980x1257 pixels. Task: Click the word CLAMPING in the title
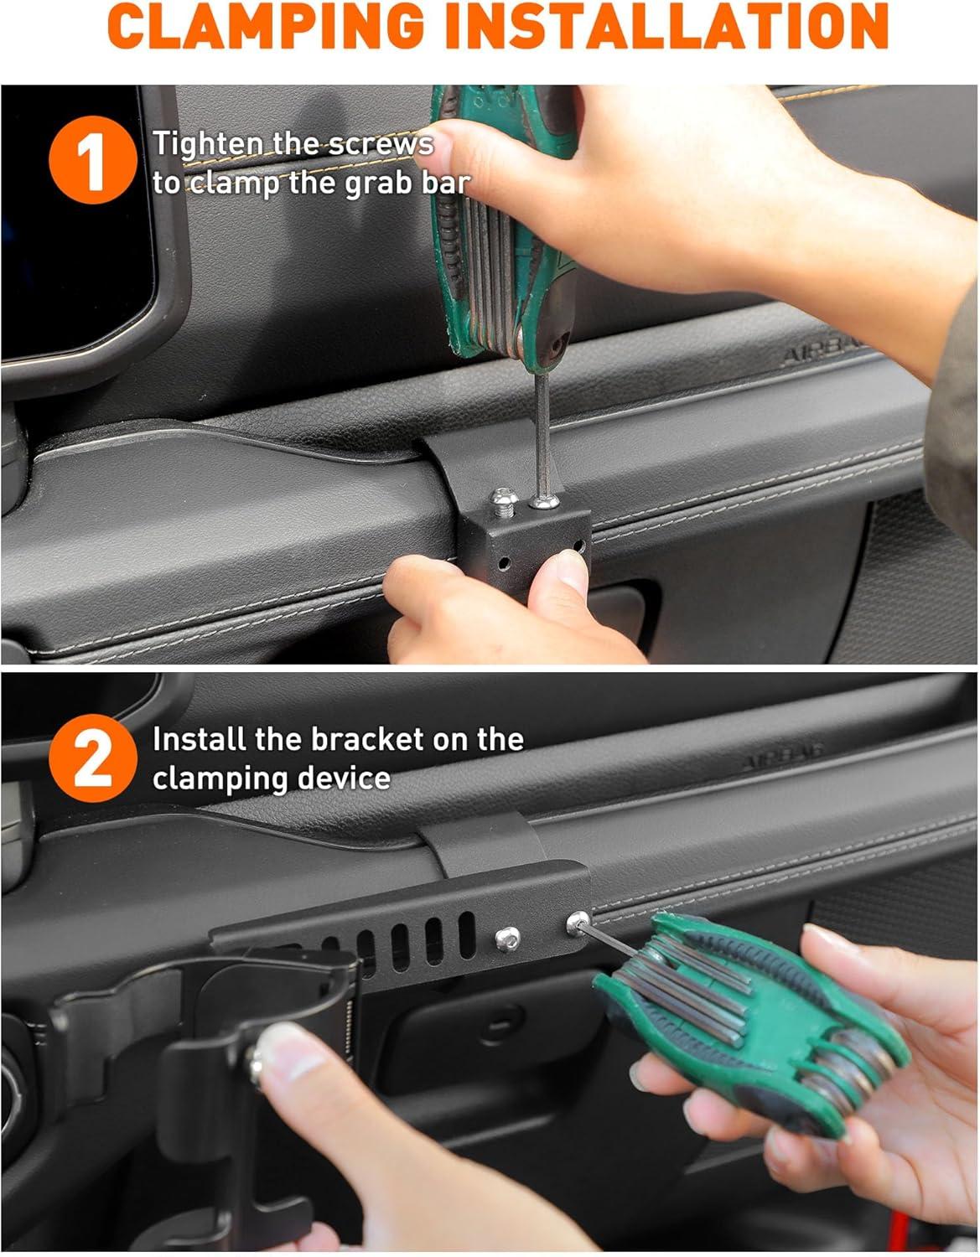coord(266,27)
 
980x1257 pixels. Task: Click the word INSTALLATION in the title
coord(667,27)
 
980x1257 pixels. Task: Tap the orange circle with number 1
coord(92,160)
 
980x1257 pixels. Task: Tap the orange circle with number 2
coord(92,758)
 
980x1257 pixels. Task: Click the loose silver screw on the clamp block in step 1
coord(504,501)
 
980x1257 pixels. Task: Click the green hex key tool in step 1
coord(502,231)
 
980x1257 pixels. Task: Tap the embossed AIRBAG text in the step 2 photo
coord(782,761)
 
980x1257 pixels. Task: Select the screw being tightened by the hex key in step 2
coord(578,923)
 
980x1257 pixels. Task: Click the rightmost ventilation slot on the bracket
coord(466,935)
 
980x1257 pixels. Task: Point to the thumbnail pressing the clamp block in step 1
coord(570,570)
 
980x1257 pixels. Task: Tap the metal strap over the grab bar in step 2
coord(481,845)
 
